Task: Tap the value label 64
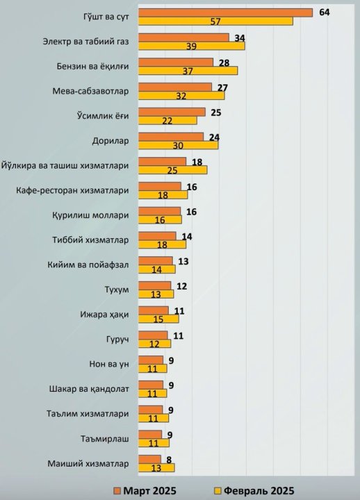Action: coord(325,12)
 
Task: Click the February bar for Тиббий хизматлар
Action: coord(162,244)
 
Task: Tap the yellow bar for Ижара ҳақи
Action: coord(158,319)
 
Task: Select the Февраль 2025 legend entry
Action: coord(252,490)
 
